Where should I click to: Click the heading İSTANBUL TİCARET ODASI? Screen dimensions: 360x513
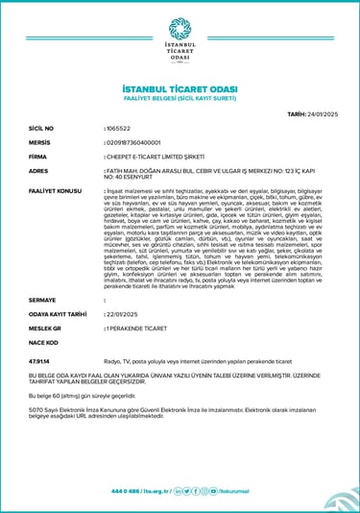click(x=180, y=88)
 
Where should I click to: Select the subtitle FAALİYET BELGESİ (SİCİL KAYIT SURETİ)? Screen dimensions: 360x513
click(x=180, y=98)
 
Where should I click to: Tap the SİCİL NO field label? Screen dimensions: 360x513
click(x=42, y=127)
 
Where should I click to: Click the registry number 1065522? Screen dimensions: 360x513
click(x=118, y=127)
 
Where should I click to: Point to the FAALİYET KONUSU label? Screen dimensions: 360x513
click(x=55, y=191)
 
